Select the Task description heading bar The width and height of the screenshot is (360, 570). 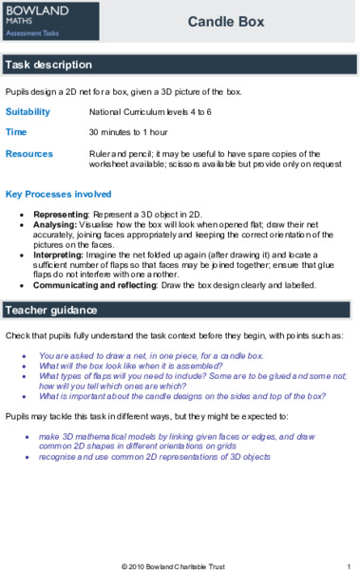pyautogui.click(x=180, y=66)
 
